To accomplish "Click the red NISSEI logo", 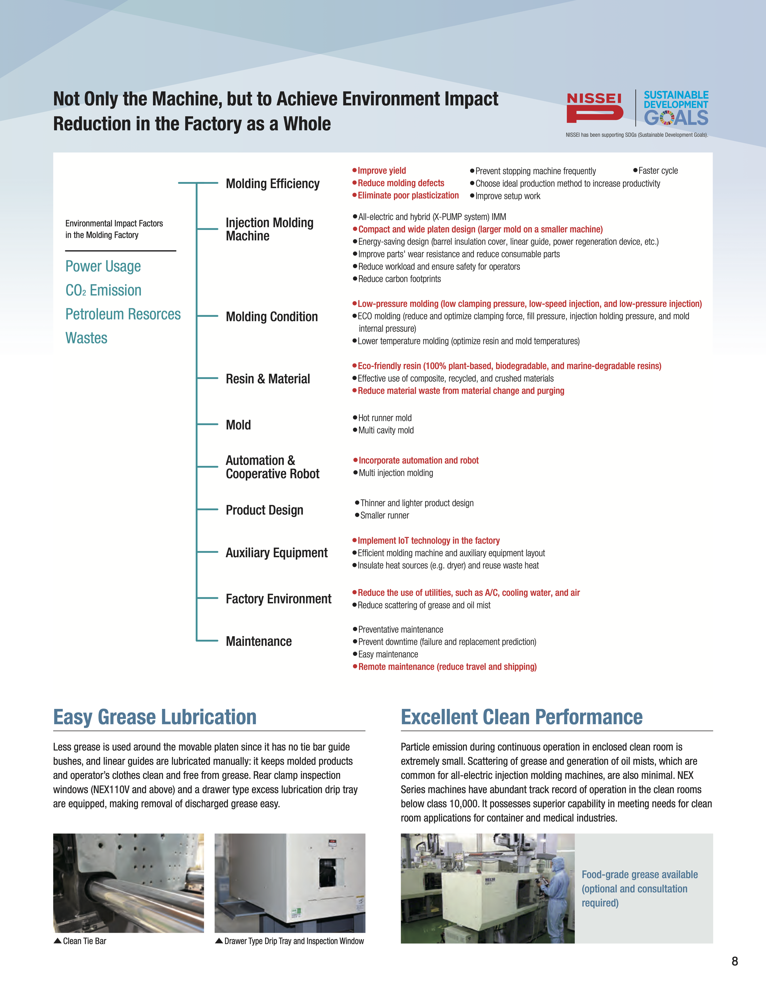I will pyautogui.click(x=594, y=108).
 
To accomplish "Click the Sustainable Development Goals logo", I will pyautogui.click(x=676, y=108).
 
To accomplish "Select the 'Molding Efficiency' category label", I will pyautogui.click(x=272, y=184).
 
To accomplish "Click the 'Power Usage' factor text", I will pyautogui.click(x=103, y=266).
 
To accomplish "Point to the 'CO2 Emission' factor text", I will pyautogui.click(x=104, y=290).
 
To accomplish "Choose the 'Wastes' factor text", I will pyautogui.click(x=86, y=338).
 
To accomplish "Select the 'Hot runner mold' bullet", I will pyautogui.click(x=384, y=418).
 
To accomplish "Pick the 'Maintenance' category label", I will pyautogui.click(x=259, y=641).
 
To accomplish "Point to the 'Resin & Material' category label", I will pyautogui.click(x=268, y=379).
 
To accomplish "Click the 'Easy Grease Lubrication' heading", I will pyautogui.click(x=155, y=717).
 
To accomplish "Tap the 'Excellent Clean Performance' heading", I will pyautogui.click(x=521, y=717).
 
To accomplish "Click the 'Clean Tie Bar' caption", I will pyautogui.click(x=84, y=941).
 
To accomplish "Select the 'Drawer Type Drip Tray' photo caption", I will pyautogui.click(x=294, y=941).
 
